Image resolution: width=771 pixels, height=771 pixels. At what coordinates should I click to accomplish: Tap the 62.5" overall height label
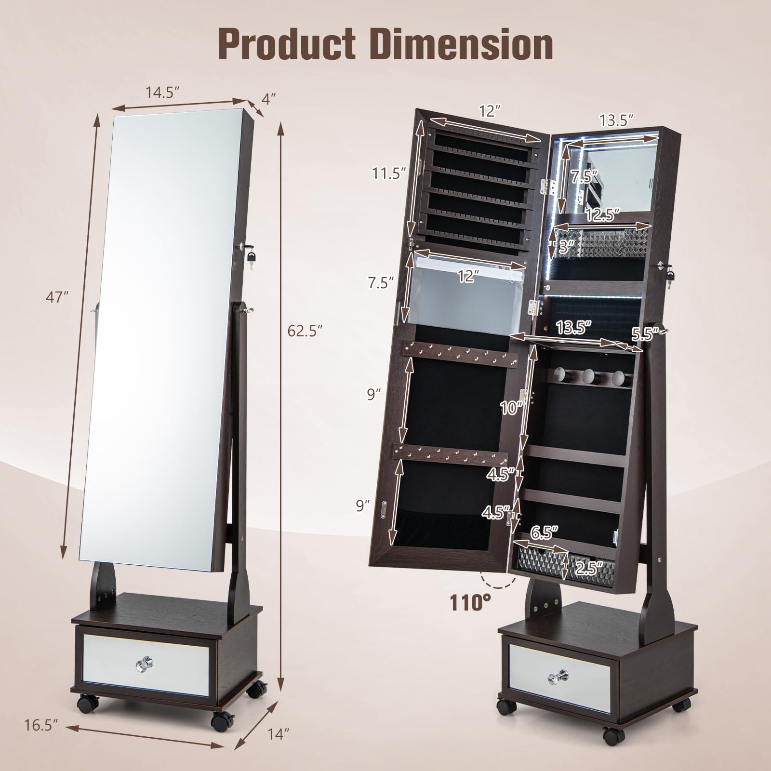[x=304, y=331]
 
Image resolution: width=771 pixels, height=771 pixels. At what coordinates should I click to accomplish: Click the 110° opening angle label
[x=470, y=602]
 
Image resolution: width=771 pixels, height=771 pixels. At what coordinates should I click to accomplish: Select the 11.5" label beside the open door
[x=386, y=172]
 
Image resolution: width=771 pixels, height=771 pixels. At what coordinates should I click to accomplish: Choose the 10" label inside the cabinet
[x=511, y=408]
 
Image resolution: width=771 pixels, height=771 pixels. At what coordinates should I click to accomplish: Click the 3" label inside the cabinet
[x=567, y=247]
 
